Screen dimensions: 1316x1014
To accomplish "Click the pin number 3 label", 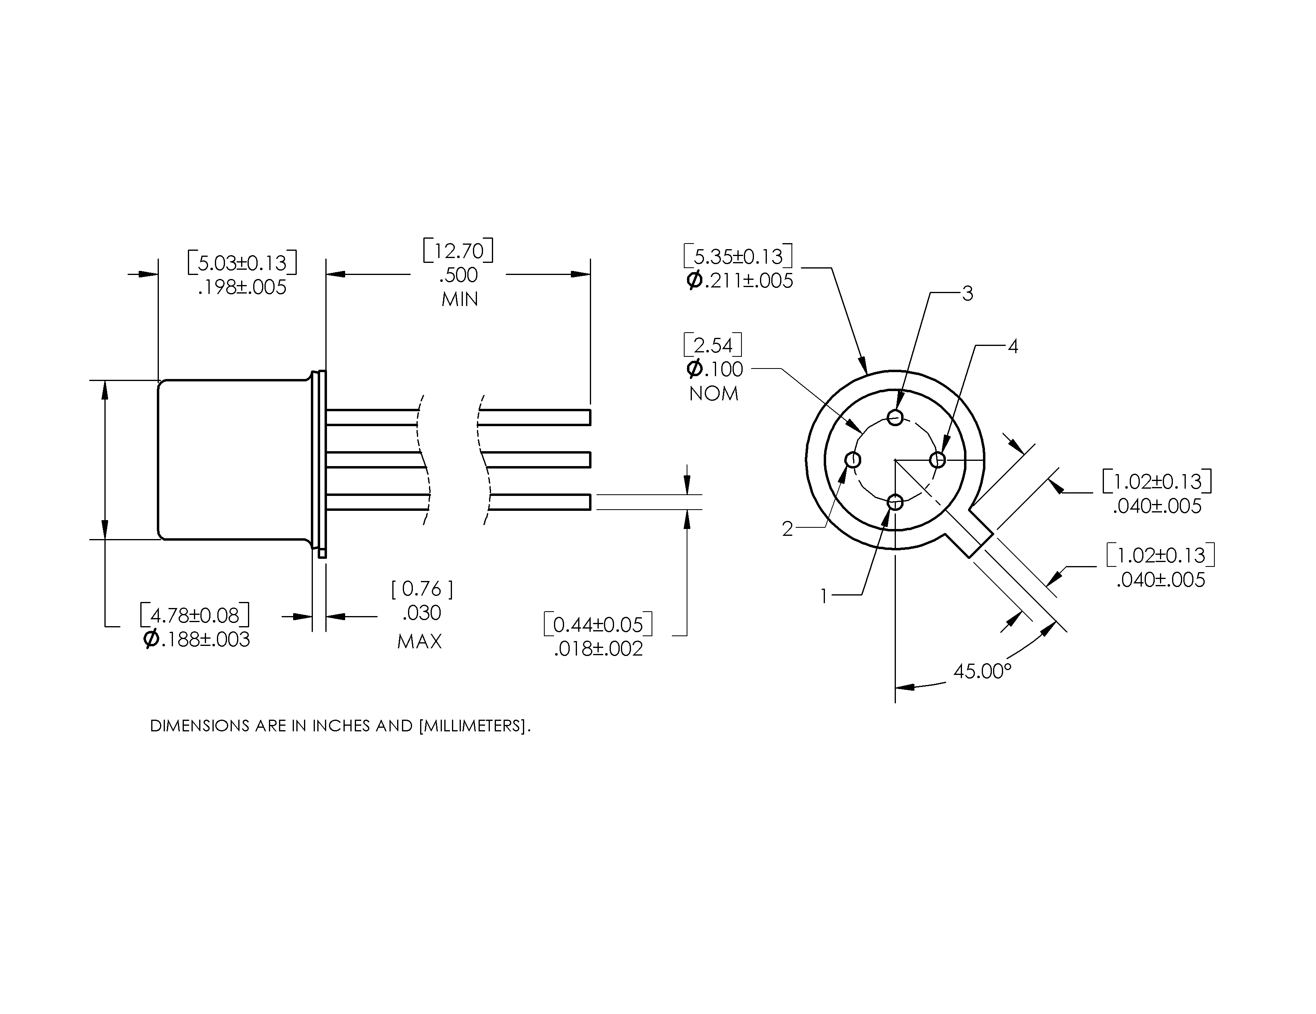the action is (x=967, y=294).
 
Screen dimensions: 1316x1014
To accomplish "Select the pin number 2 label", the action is (x=787, y=529).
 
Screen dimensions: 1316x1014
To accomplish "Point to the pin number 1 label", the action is (x=825, y=596).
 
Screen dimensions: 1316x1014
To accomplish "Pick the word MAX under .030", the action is (x=420, y=641).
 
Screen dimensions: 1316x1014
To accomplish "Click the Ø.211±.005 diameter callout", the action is (x=740, y=281).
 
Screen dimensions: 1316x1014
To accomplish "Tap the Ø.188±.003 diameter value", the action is (x=196, y=639).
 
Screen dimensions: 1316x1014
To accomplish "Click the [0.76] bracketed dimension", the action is (x=422, y=589).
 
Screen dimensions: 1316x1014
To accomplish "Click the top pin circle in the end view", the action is (x=895, y=418).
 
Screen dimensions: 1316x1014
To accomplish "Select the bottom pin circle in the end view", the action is (x=895, y=501).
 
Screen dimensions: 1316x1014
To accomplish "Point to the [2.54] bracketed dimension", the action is (x=713, y=345).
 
